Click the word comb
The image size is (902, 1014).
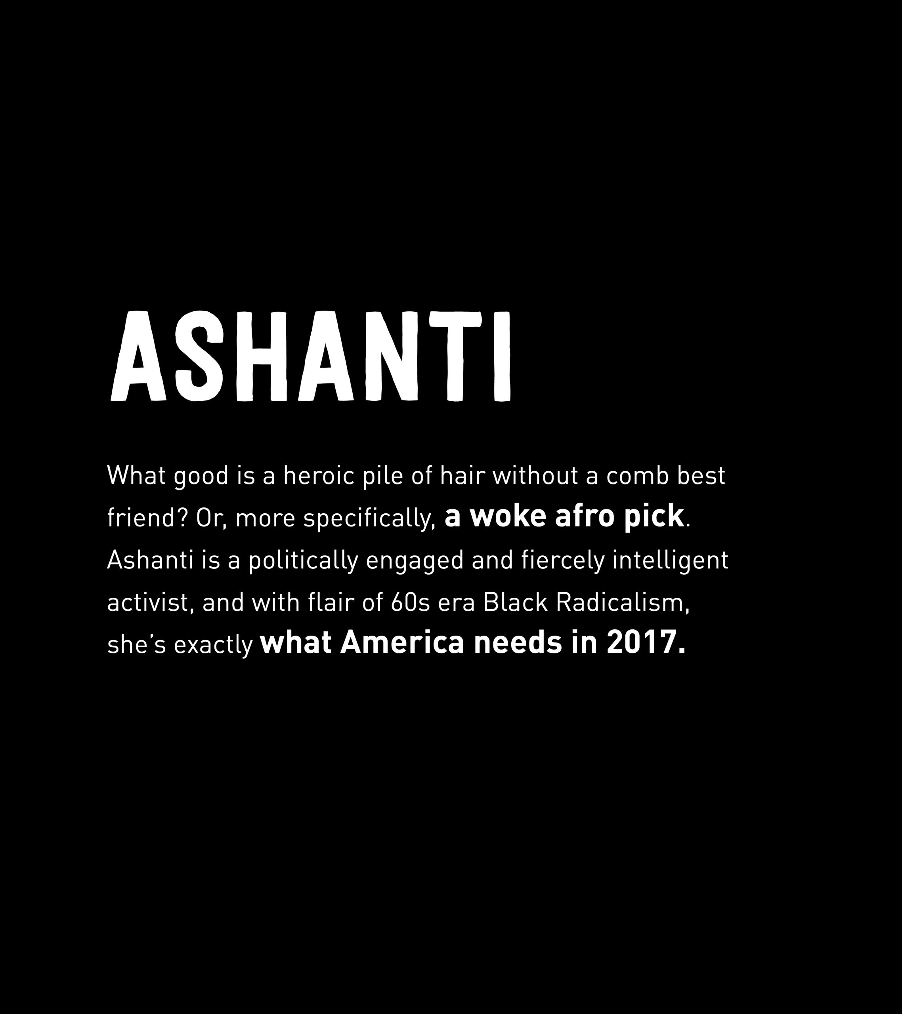(636, 476)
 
